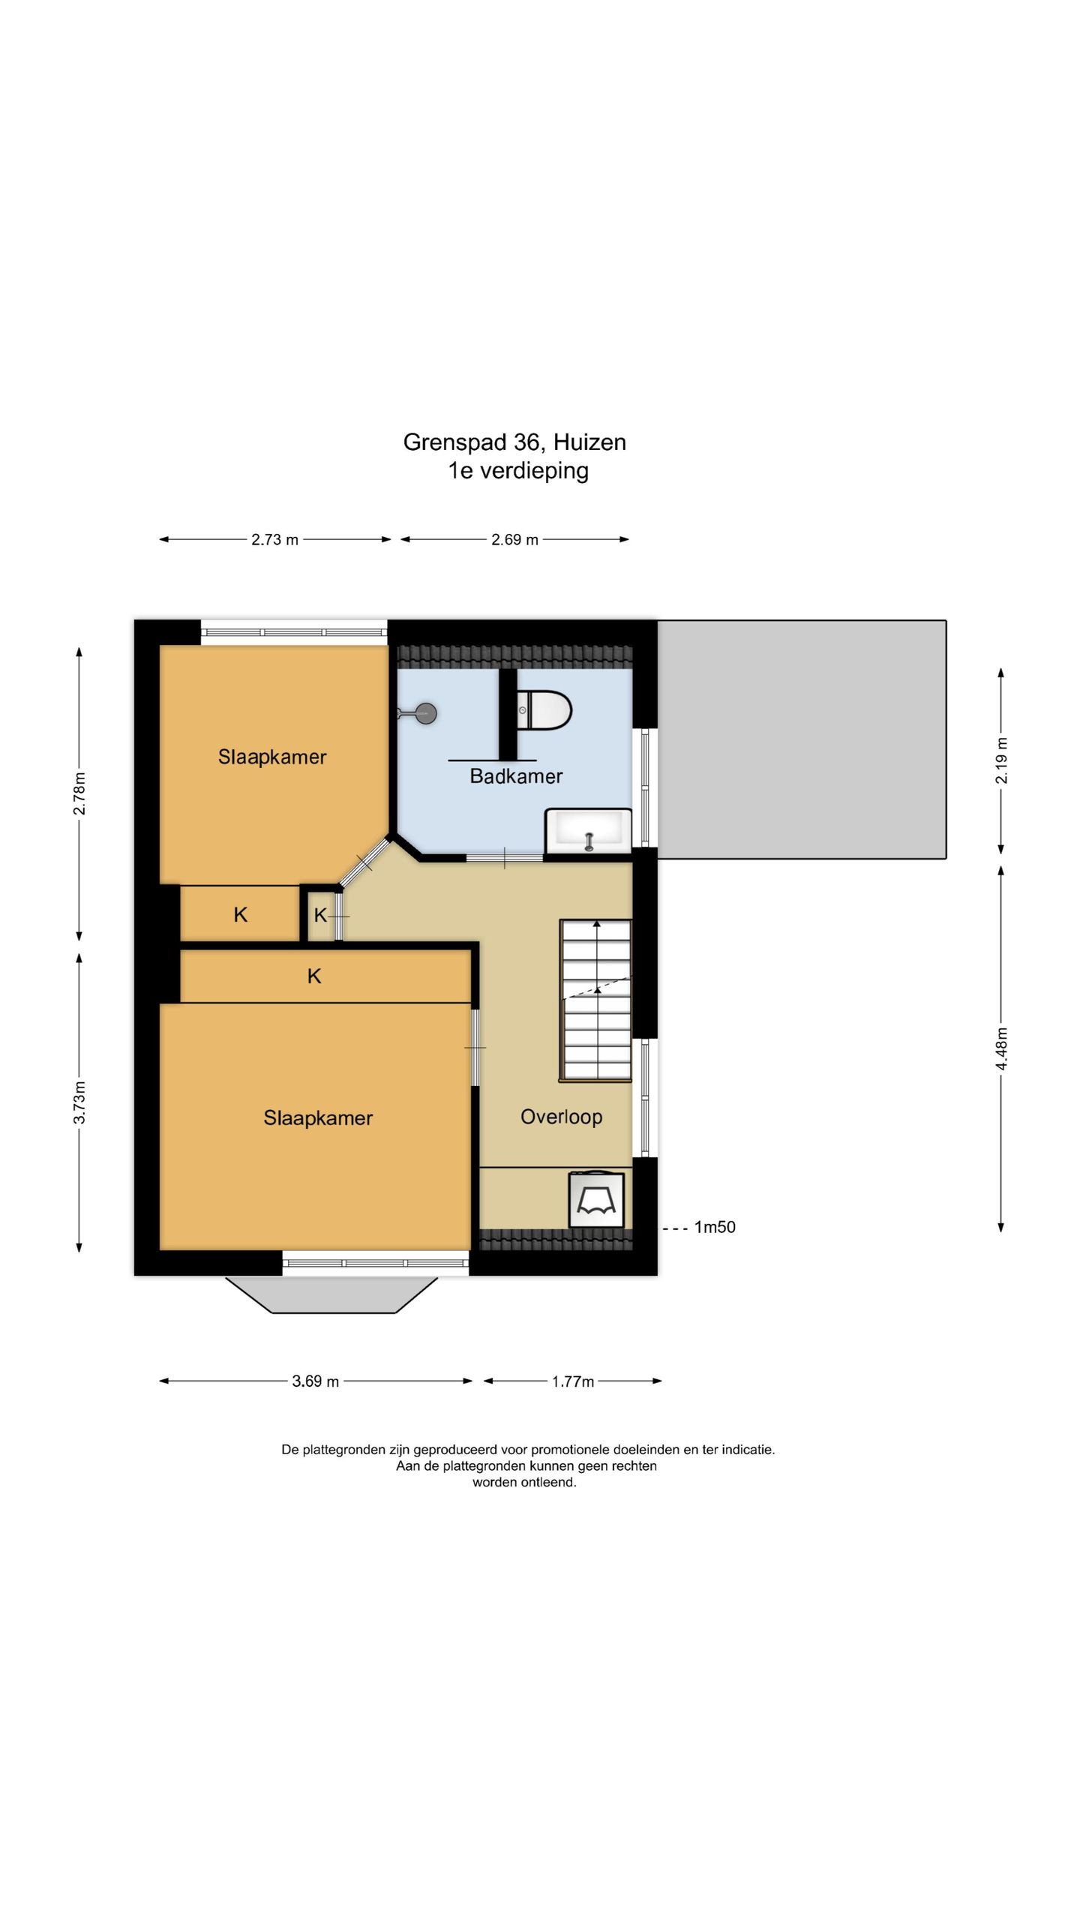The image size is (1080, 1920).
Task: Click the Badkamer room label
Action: [x=516, y=776]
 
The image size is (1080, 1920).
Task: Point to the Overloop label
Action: [x=562, y=1117]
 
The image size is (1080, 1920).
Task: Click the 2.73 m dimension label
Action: [x=274, y=539]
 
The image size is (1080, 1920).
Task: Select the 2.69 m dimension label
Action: [x=514, y=539]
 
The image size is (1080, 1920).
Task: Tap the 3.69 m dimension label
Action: [x=315, y=1381]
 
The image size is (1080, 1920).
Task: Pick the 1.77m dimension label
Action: [x=573, y=1381]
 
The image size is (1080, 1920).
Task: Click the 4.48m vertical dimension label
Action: [x=1001, y=1050]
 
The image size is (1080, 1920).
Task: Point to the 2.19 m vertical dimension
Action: [x=1001, y=760]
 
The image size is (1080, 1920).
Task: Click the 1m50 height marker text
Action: [x=715, y=1227]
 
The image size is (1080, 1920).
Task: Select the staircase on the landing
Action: [x=595, y=1000]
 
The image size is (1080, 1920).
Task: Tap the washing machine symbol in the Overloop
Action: [x=596, y=1200]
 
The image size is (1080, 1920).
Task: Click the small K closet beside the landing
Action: [x=320, y=915]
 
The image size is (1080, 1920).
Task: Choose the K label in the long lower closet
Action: [x=314, y=976]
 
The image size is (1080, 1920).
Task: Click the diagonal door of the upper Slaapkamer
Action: [x=364, y=863]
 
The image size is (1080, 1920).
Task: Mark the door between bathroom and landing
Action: [x=505, y=856]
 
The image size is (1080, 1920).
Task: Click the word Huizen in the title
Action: [x=589, y=442]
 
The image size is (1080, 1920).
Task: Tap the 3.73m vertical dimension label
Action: [x=79, y=1102]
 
